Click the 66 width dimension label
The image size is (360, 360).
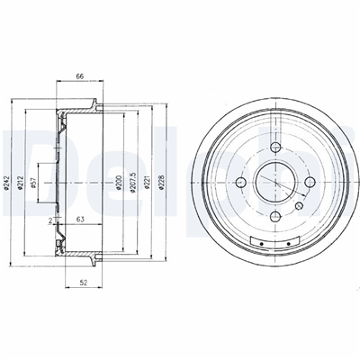[79, 76]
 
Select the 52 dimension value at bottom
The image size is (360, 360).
[84, 282]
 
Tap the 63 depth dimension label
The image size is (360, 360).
[80, 220]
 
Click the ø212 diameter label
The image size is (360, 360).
[20, 183]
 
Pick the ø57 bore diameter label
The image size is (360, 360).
[34, 183]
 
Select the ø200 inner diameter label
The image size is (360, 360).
[119, 183]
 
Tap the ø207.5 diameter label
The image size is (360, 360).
[132, 182]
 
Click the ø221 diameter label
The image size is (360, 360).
[147, 183]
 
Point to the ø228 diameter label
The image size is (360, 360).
[161, 183]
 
